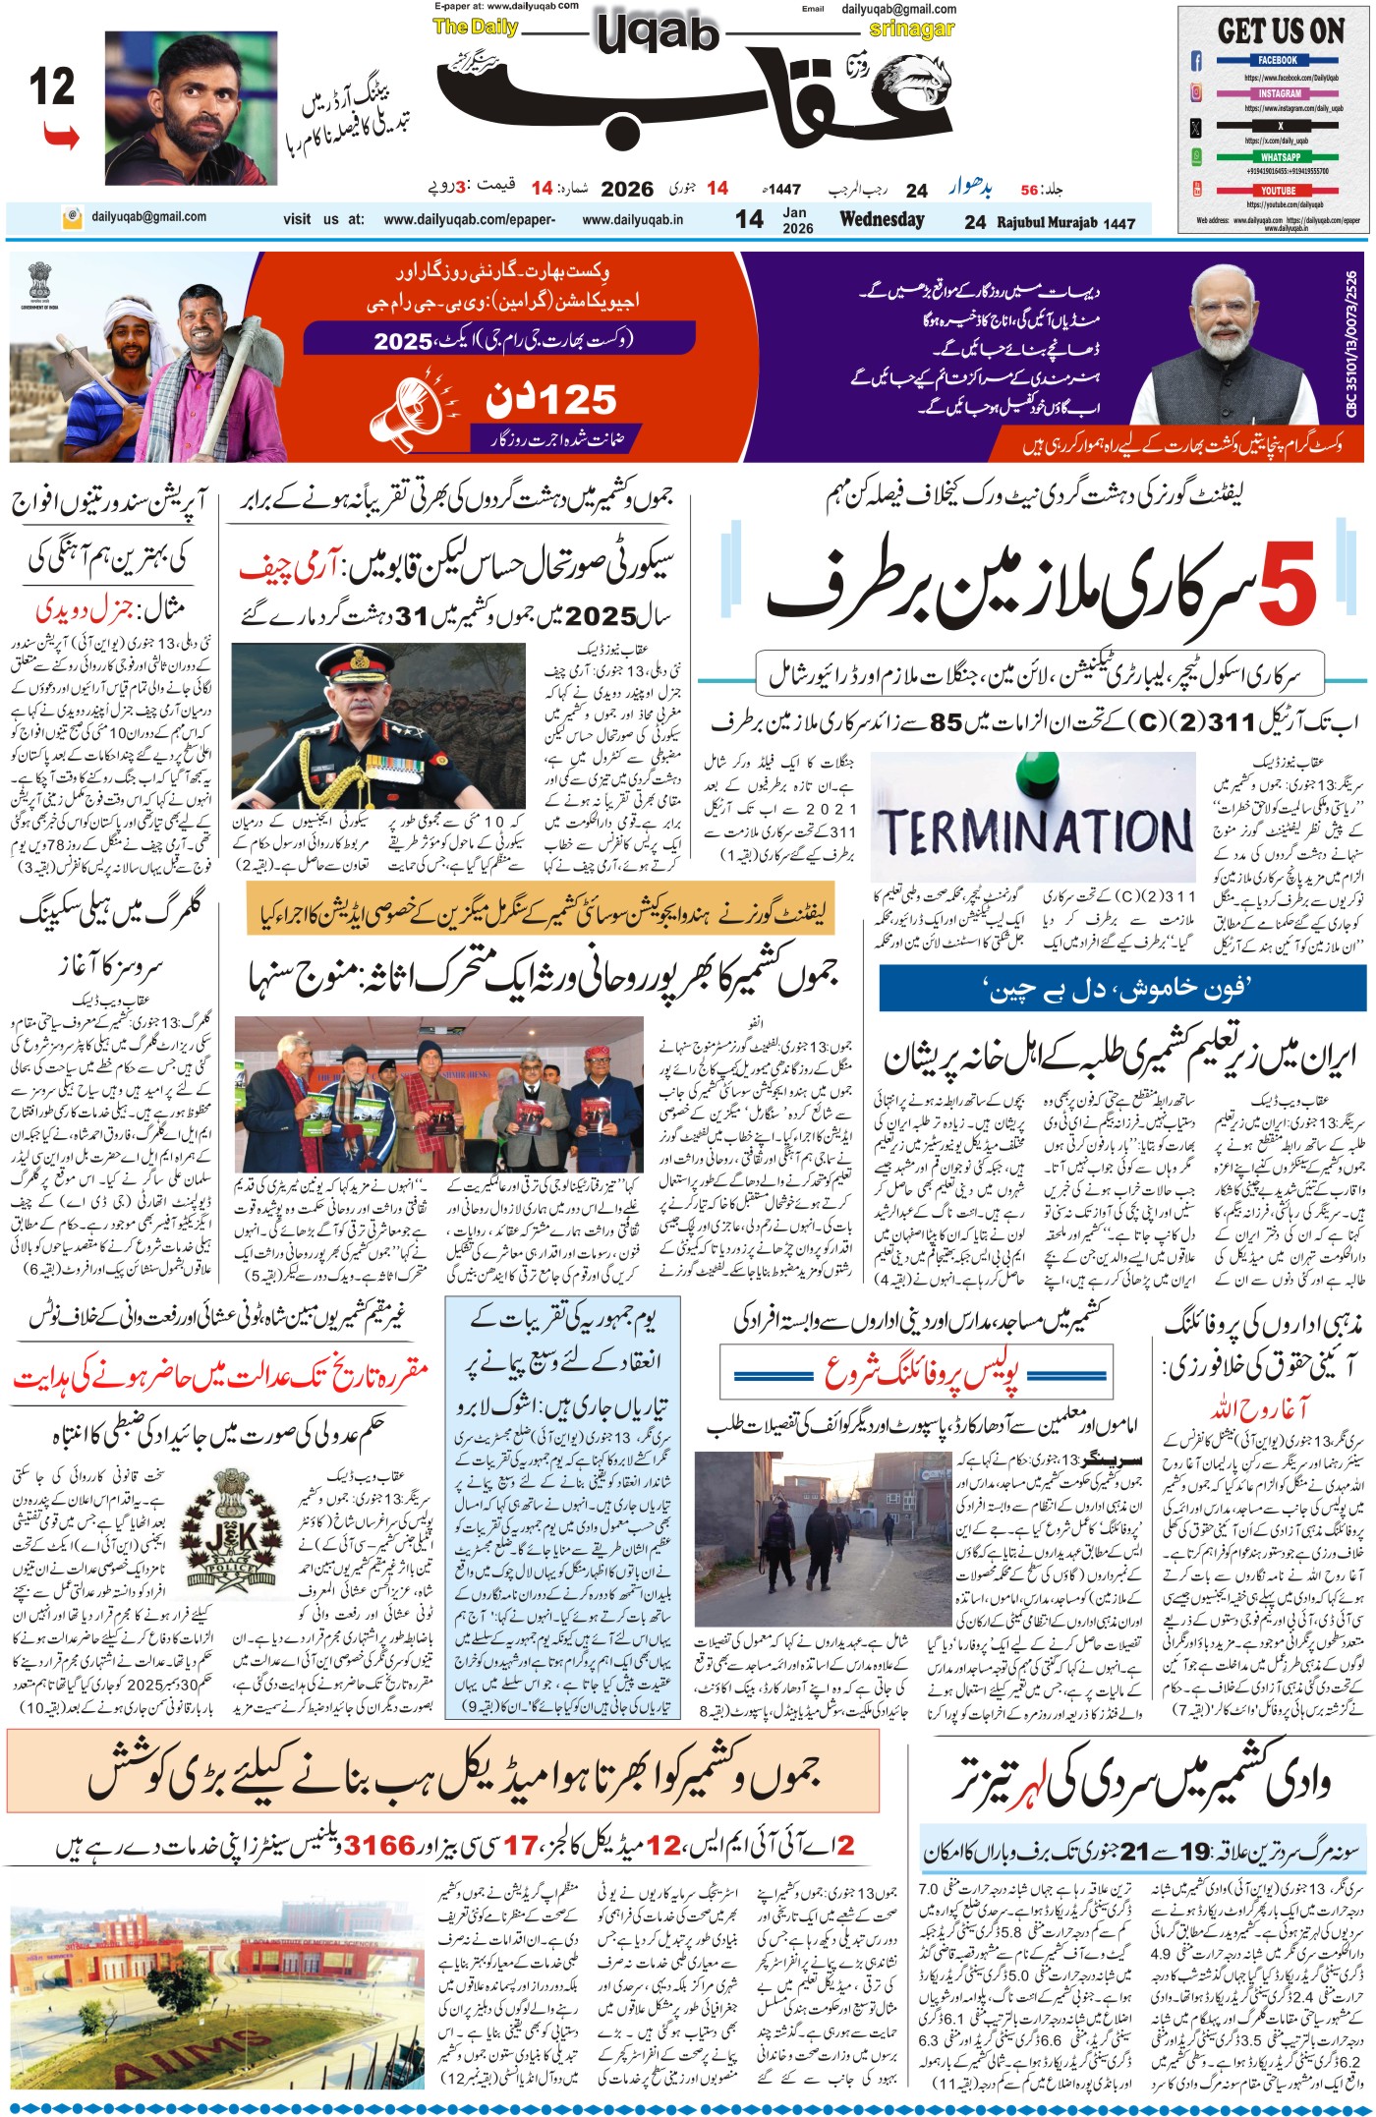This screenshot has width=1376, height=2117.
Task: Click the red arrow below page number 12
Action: point(61,137)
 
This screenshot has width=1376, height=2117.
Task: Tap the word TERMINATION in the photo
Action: point(1035,831)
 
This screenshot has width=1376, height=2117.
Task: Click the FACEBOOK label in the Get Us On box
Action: point(1278,61)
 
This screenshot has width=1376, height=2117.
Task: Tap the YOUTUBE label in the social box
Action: point(1278,191)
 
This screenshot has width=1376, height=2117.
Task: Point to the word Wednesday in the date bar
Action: point(882,220)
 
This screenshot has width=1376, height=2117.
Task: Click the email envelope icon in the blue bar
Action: point(72,217)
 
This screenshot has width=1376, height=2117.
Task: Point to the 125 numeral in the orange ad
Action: point(550,400)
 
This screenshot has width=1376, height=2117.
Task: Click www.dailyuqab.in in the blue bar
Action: point(632,220)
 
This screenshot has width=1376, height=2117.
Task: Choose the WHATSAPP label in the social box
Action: point(1280,157)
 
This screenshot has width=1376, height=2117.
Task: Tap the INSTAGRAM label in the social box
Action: point(1279,93)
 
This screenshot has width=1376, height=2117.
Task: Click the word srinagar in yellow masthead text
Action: point(911,29)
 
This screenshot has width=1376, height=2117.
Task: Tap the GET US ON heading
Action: point(1281,31)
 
